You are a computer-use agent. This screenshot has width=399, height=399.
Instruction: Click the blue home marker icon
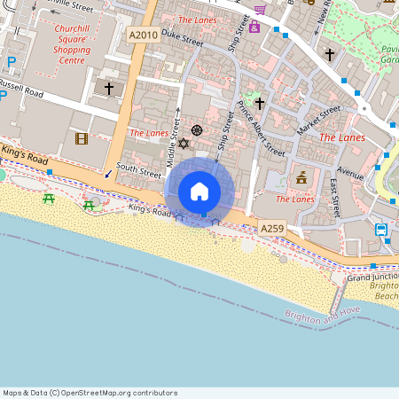point(199,192)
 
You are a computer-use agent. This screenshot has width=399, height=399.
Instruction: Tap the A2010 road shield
point(142,35)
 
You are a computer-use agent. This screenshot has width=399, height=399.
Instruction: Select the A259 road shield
point(272,229)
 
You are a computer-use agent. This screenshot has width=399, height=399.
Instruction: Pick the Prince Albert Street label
point(262,129)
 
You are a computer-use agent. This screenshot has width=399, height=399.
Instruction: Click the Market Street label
point(318,121)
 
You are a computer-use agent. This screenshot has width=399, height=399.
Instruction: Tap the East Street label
point(334,198)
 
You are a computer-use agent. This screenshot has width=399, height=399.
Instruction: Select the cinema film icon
point(82,138)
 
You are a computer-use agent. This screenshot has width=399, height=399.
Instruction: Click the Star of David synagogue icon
point(184,143)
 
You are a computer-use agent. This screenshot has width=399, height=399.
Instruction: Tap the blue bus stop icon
point(380,230)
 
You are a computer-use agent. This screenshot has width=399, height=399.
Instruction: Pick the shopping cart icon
point(260,10)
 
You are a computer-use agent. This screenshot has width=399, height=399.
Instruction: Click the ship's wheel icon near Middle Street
point(196,130)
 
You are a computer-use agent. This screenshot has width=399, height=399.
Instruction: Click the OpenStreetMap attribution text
point(90,393)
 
